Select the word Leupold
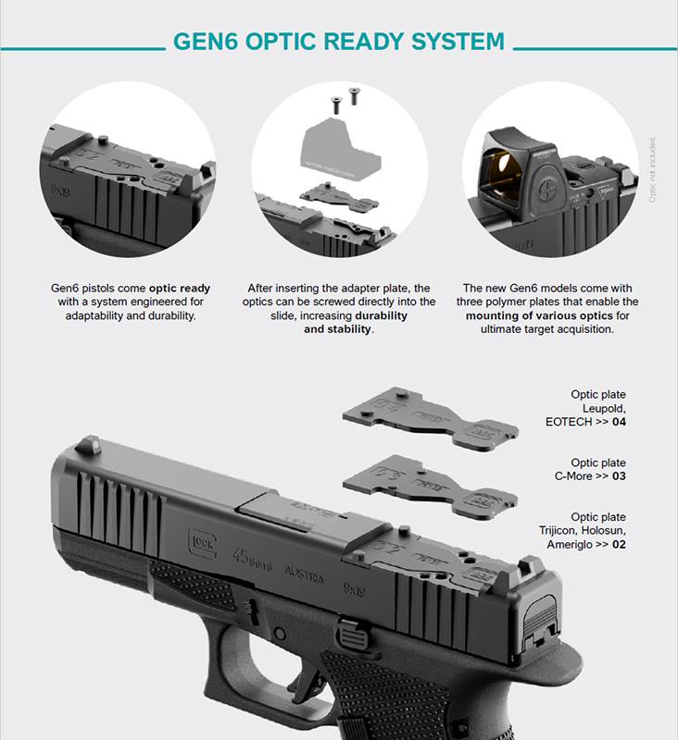coord(604,408)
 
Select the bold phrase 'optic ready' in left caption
coord(180,289)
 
